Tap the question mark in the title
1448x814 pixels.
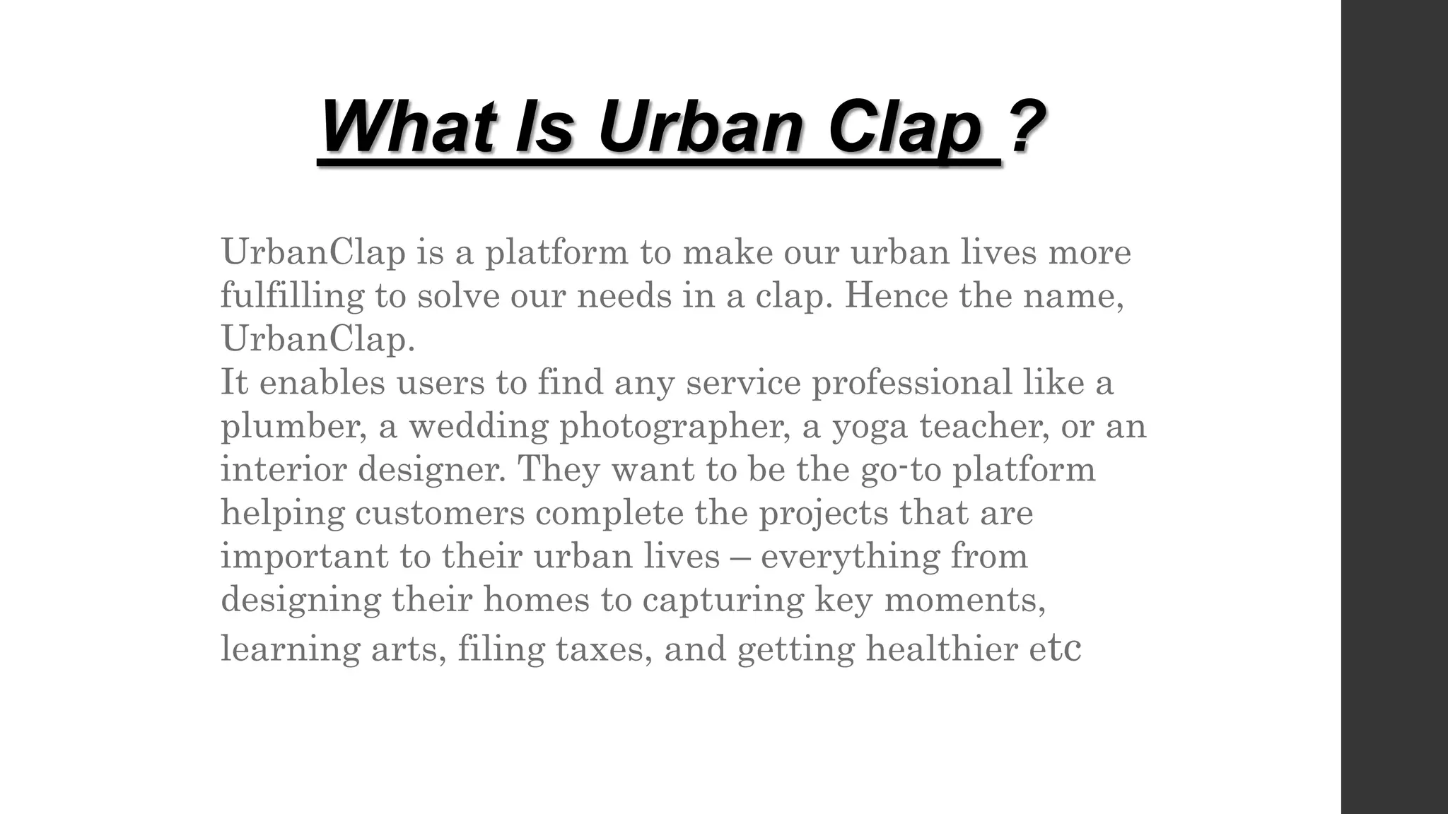(x=1027, y=127)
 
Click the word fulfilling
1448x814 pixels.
(x=291, y=295)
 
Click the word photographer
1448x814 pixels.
(x=675, y=427)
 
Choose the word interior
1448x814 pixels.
(x=284, y=469)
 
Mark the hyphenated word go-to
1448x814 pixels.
(x=901, y=469)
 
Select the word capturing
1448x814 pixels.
(x=723, y=601)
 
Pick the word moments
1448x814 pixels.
(x=964, y=601)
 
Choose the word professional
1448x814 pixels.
(x=911, y=383)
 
